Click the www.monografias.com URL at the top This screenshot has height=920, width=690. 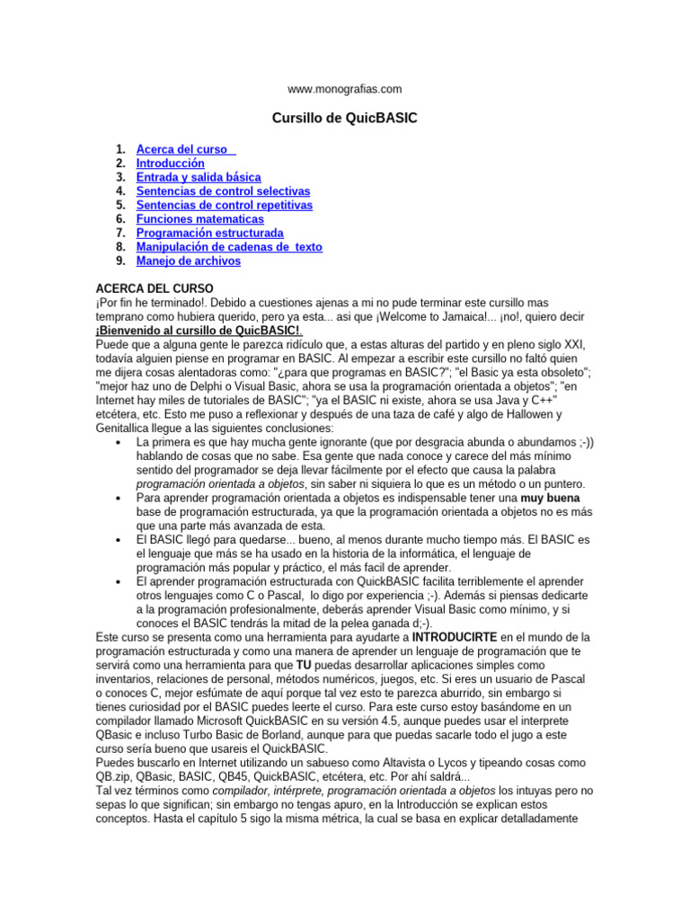click(x=344, y=89)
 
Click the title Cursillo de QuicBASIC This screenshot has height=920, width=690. click(x=344, y=119)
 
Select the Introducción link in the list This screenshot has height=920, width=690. click(x=170, y=164)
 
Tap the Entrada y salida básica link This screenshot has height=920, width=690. click(x=198, y=178)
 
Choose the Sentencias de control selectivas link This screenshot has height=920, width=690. click(x=223, y=191)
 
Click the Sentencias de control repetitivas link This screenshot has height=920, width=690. click(x=224, y=206)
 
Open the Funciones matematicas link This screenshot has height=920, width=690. click(x=199, y=219)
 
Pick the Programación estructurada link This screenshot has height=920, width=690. click(x=209, y=234)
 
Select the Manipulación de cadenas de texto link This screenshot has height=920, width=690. click(x=228, y=247)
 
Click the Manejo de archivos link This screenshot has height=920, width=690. click(x=188, y=261)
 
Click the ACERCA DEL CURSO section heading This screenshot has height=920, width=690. click(x=154, y=289)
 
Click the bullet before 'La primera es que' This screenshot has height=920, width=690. click(x=120, y=443)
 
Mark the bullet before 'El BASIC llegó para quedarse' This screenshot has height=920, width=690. click(x=120, y=540)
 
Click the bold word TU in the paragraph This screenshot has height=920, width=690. click(x=304, y=665)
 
